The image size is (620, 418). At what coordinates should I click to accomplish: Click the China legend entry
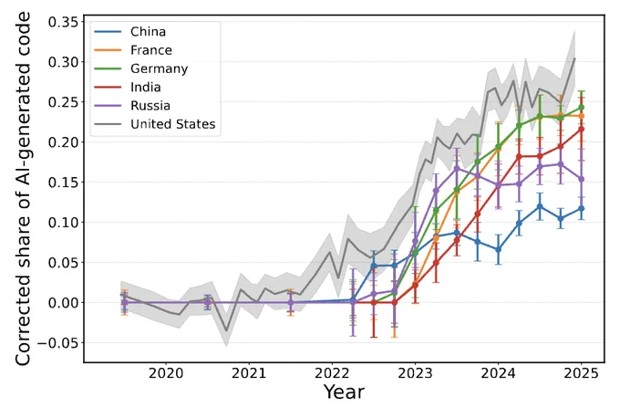(129, 32)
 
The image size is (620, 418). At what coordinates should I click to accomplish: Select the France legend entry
(133, 50)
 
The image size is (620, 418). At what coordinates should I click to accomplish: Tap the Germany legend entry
(141, 68)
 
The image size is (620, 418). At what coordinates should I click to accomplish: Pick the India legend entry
(128, 87)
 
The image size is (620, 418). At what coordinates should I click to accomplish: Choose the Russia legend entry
(132, 106)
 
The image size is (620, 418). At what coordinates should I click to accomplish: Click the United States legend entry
(155, 124)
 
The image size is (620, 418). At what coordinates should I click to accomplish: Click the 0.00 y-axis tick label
(63, 302)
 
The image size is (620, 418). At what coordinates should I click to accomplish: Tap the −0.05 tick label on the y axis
(58, 343)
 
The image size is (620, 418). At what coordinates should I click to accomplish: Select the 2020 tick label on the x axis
(166, 373)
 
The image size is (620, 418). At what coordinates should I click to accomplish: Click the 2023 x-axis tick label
(415, 373)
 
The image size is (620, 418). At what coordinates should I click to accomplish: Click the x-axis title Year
(344, 392)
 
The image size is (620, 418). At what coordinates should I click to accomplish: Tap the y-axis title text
(23, 188)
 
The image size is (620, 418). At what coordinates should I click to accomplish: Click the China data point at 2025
(582, 209)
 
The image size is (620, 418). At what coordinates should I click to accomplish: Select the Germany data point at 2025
(582, 108)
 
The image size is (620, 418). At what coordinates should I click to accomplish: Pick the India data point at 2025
(582, 129)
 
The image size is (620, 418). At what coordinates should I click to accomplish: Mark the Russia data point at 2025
(582, 179)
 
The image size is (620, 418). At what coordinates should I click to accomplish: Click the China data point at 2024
(498, 250)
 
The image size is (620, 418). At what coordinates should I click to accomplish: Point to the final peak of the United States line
(574, 58)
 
